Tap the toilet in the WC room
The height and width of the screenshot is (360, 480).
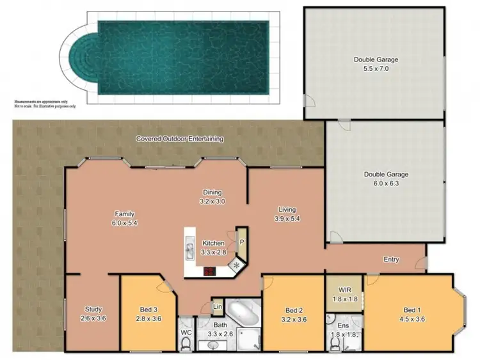click(186, 343)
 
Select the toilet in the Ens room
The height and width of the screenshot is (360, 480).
click(335, 344)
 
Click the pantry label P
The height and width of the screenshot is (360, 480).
click(242, 243)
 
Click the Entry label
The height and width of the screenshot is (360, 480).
click(392, 259)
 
